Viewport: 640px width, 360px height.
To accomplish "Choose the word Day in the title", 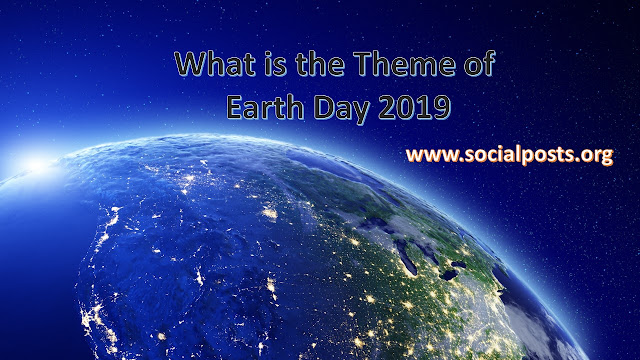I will tap(341, 107).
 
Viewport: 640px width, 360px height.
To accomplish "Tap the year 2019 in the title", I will tap(412, 105).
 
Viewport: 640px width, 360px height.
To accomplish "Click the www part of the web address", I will tap(429, 156).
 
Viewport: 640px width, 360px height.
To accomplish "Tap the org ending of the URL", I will tap(598, 158).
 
